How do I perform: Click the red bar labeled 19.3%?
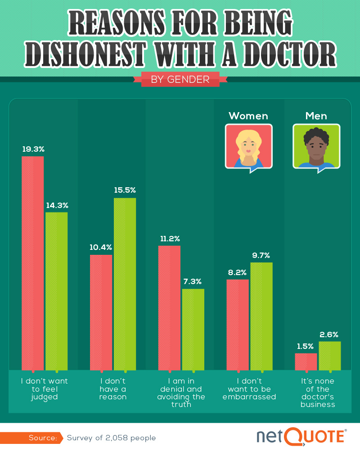33,263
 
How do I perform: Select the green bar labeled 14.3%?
57,291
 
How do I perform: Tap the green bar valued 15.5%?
125,284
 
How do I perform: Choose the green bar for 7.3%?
193,329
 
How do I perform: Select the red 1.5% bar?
306,362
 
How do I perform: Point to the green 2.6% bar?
330,356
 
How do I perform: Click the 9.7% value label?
261,255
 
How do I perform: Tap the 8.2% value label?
237,272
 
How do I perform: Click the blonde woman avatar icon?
248,147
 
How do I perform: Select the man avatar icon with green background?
316,147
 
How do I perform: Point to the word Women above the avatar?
248,116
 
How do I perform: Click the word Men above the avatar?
316,116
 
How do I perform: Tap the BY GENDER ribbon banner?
180,79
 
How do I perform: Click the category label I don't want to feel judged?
45,389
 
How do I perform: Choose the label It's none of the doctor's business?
318,393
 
